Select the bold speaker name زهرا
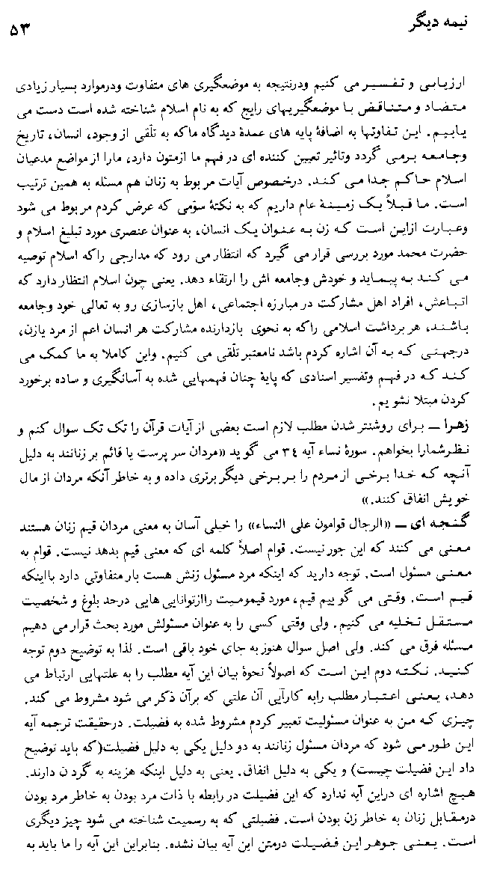coord(457,427)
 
